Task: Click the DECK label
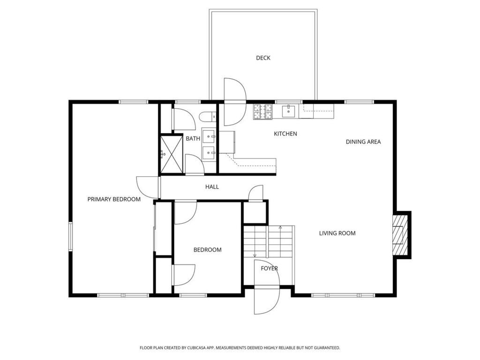click(x=263, y=58)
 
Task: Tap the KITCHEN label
click(x=285, y=134)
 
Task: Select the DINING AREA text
click(x=363, y=142)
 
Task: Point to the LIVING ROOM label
click(x=337, y=233)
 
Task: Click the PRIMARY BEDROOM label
click(x=114, y=199)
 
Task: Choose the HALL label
click(x=212, y=187)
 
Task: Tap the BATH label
click(x=193, y=139)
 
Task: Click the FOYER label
click(x=270, y=269)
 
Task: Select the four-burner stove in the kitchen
click(x=262, y=112)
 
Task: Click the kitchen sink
click(x=288, y=112)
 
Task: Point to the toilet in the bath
click(x=207, y=117)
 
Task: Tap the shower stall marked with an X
click(x=172, y=155)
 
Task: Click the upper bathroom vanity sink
click(x=209, y=136)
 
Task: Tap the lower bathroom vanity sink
click(x=209, y=152)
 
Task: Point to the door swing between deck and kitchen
click(x=235, y=102)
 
